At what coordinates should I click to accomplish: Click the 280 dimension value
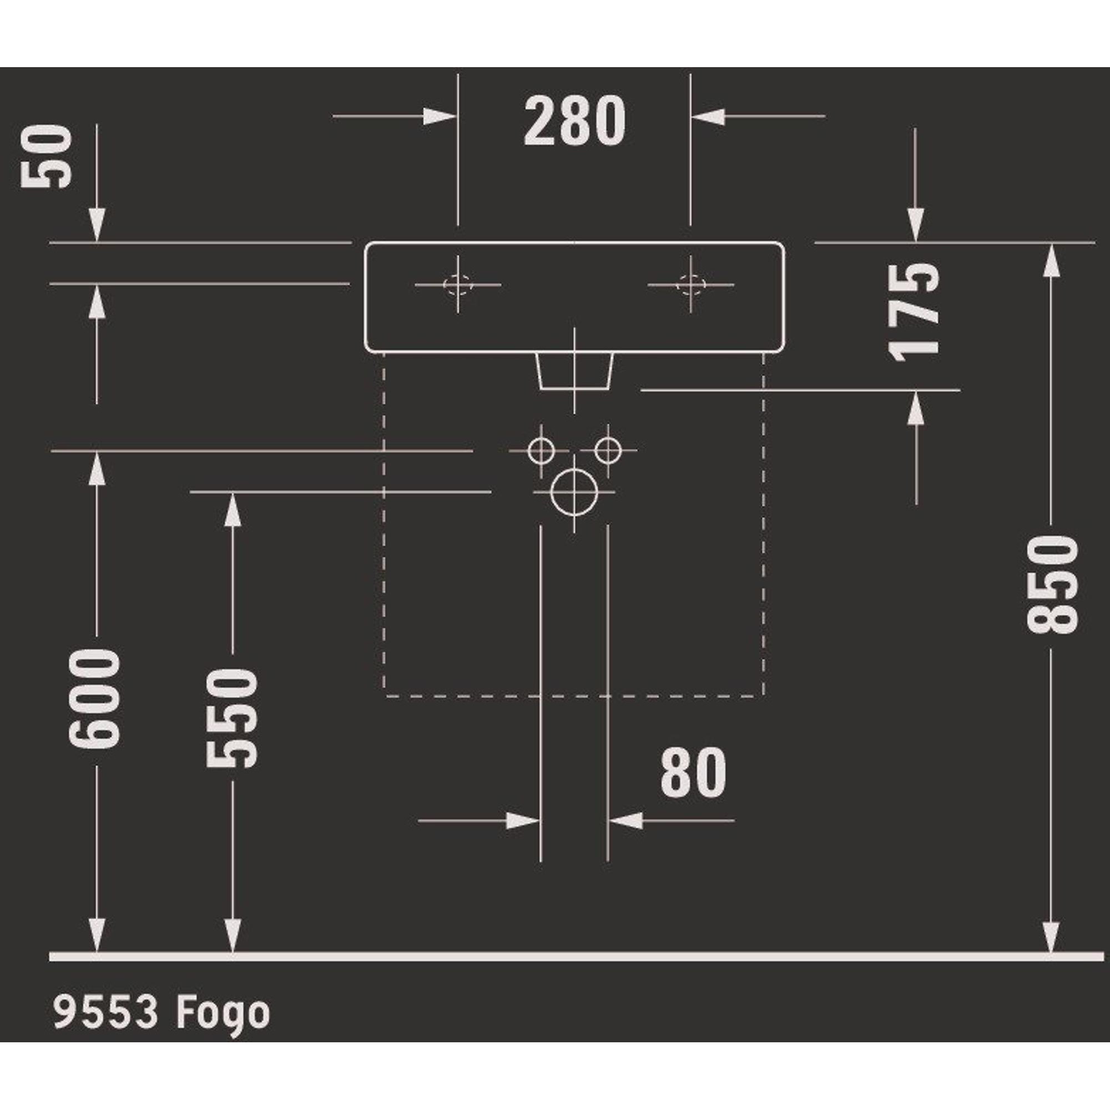[x=574, y=120]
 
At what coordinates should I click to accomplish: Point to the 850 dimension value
[x=1052, y=584]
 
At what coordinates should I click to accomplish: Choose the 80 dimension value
[x=693, y=772]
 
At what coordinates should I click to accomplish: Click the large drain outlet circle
[x=574, y=492]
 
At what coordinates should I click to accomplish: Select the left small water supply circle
[x=541, y=450]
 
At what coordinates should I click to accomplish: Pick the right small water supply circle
[x=607, y=450]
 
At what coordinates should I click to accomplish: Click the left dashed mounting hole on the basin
[x=457, y=284]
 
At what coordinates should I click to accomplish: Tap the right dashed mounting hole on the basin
[x=690, y=284]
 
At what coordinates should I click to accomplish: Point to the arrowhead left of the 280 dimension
[x=439, y=116]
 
